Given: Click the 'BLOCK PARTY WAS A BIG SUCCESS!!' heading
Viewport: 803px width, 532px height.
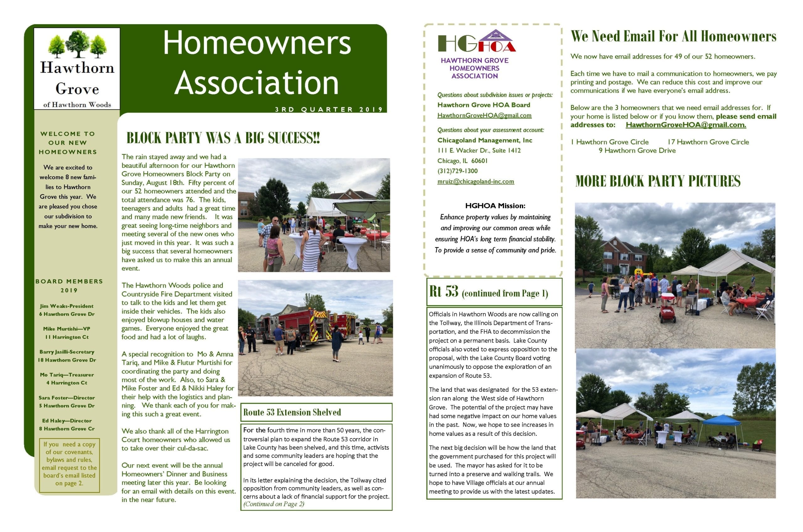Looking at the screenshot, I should click(x=223, y=138).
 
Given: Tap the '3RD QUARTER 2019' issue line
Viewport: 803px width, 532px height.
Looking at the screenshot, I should click(x=328, y=109).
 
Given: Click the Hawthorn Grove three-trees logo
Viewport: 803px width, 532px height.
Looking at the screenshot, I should click(x=77, y=44).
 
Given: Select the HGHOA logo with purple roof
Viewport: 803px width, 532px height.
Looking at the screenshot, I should click(x=477, y=41).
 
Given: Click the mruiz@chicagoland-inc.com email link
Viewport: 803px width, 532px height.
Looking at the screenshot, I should click(x=475, y=182).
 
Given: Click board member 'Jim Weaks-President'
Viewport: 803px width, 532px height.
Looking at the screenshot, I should click(x=66, y=306).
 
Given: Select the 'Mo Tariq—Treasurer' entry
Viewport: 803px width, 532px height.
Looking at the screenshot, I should click(x=67, y=375).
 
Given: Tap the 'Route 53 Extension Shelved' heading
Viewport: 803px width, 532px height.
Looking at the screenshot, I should click(x=292, y=412).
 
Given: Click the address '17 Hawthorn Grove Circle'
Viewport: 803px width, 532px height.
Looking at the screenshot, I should click(x=708, y=142).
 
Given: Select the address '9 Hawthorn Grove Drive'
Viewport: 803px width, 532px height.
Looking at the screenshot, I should click(x=637, y=151).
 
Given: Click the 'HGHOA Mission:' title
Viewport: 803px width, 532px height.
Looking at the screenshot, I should click(x=495, y=205).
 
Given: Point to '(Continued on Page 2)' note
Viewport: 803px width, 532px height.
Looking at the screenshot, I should click(x=274, y=504).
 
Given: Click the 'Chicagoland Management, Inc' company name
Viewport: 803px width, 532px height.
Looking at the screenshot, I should click(x=484, y=141).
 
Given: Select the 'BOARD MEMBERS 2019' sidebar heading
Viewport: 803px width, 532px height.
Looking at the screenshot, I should click(x=69, y=286).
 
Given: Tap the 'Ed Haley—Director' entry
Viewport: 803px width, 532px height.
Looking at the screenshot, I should click(x=67, y=421).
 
